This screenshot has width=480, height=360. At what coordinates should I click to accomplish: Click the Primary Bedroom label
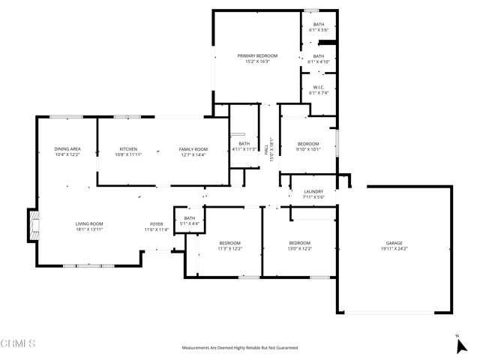pyautogui.click(x=257, y=56)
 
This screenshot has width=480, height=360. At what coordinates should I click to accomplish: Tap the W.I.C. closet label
pyautogui.click(x=318, y=87)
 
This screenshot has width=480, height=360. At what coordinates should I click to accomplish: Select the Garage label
pyautogui.click(x=394, y=243)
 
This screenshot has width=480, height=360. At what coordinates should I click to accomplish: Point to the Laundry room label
pyautogui.click(x=313, y=192)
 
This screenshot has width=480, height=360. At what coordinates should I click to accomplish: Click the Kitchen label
pyautogui.click(x=128, y=149)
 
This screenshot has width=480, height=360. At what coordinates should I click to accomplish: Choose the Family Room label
pyautogui.click(x=193, y=149)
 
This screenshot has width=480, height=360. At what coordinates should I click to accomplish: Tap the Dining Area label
pyautogui.click(x=67, y=149)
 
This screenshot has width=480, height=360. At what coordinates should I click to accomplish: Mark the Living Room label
pyautogui.click(x=88, y=223)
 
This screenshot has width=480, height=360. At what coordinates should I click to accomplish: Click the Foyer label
pyautogui.click(x=157, y=223)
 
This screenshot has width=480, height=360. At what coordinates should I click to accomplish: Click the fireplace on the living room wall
pyautogui.click(x=31, y=225)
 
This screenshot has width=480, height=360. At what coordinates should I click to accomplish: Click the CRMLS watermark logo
pyautogui.click(x=19, y=343)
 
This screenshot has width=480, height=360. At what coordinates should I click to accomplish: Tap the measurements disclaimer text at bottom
pyautogui.click(x=239, y=348)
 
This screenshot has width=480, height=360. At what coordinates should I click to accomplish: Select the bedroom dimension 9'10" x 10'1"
pyautogui.click(x=308, y=149)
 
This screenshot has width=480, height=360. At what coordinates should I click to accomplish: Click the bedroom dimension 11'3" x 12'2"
pyautogui.click(x=229, y=248)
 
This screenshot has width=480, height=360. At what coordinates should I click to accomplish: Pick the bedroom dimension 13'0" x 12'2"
pyautogui.click(x=299, y=248)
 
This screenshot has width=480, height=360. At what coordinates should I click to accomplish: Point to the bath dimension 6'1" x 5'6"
pyautogui.click(x=318, y=30)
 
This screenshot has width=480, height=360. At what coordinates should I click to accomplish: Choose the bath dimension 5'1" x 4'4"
pyautogui.click(x=189, y=223)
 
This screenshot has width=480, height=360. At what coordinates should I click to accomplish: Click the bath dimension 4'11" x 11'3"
pyautogui.click(x=244, y=149)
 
